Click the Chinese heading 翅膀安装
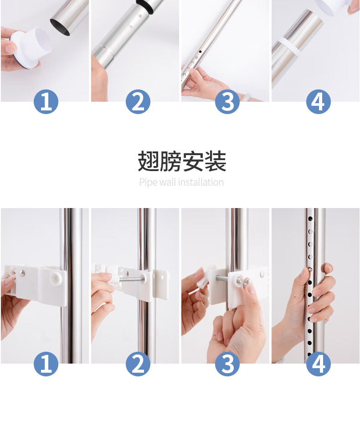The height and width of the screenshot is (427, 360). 182,161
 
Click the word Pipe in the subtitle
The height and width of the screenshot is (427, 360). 148,182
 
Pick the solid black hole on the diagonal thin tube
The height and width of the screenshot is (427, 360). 200,52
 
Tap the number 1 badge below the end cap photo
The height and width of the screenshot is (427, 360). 46,102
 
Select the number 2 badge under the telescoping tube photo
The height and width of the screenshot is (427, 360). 138,102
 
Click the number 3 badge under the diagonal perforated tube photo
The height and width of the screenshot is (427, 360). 227,102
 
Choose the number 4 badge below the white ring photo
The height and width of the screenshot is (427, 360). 319,102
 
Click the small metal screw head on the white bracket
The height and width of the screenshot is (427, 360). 23,273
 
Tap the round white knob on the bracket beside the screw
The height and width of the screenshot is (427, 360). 57,277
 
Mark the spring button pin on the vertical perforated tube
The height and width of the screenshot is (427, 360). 310,270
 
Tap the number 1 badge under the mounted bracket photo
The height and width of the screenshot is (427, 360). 46,364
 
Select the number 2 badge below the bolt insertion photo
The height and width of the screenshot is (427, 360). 138,364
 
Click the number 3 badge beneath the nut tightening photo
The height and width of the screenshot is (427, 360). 227,364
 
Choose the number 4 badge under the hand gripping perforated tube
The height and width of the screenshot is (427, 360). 319,364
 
